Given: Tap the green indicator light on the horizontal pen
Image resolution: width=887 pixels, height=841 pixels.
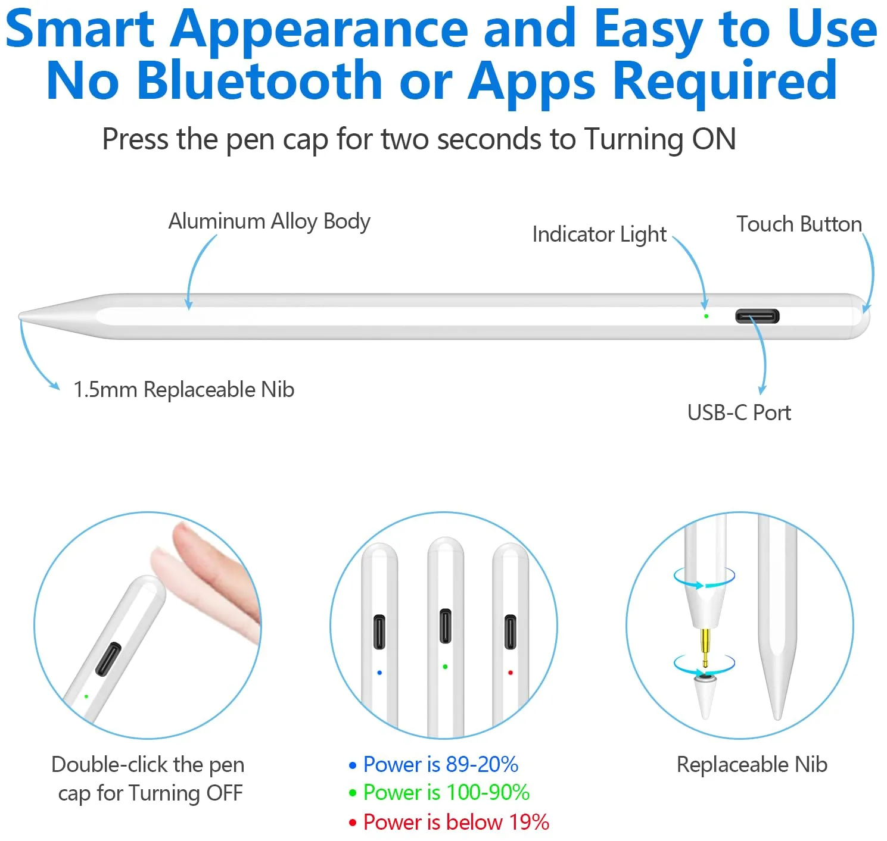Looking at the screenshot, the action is pos(706,317).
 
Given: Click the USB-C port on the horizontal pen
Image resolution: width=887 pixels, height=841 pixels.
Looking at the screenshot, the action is pos(757,316).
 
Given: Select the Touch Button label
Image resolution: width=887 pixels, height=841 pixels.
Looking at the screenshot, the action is pos(799,224).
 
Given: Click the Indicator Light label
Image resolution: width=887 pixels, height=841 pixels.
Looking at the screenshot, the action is pos(599,235).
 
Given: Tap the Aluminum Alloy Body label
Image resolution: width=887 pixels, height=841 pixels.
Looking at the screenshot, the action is pos(269,222).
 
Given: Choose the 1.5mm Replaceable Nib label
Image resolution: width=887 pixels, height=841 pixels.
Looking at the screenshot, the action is pos(183,390).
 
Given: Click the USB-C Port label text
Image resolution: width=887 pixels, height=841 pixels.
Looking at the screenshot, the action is pos(739,412).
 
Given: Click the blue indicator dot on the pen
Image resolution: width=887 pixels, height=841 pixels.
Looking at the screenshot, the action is pos(379,673).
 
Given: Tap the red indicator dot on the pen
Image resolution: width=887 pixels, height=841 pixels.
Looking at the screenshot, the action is pos(511,673).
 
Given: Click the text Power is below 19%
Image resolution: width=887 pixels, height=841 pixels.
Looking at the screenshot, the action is pos(456,821).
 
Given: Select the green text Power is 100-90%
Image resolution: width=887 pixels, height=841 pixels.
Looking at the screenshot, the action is pos(446,792).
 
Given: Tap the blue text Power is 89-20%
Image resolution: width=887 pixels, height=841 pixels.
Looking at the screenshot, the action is pos(441,764).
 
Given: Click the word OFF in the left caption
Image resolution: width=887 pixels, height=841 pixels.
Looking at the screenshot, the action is pos(224,793).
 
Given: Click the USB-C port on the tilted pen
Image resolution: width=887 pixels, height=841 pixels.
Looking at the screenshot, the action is pos(108,659).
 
